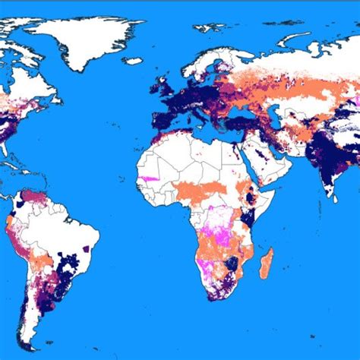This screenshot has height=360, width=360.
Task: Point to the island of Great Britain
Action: [162, 85]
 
